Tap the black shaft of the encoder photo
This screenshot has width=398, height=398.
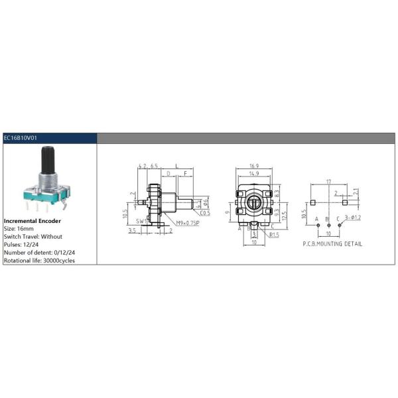click(48, 159)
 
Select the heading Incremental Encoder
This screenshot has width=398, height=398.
click(33, 220)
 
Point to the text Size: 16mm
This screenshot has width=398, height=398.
click(23, 228)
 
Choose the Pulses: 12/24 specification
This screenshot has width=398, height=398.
click(24, 244)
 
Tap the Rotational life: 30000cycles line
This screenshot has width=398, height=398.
click(39, 260)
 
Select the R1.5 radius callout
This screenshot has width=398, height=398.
click(273, 235)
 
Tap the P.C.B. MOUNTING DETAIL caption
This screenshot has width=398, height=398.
click(332, 244)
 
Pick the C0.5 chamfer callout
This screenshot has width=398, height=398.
click(204, 213)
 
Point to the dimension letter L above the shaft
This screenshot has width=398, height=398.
click(176, 166)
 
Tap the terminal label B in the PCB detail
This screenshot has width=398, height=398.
click(327, 218)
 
